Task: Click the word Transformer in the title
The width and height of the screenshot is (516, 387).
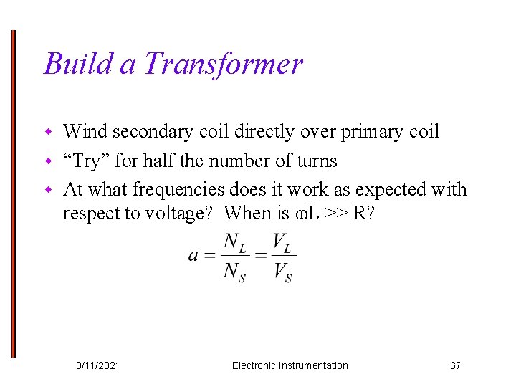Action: tap(223, 64)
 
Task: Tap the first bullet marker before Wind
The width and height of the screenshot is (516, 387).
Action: tap(49, 133)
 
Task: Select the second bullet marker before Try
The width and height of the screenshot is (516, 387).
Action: tap(49, 161)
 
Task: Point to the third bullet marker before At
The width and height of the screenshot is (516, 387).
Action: tap(49, 191)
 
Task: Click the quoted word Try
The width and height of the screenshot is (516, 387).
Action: tap(86, 161)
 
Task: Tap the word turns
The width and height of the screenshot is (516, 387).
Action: tap(315, 161)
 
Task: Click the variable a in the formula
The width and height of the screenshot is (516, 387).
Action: tap(193, 256)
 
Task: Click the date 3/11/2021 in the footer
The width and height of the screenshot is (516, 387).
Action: tap(98, 365)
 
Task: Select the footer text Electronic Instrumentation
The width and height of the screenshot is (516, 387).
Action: tap(290, 365)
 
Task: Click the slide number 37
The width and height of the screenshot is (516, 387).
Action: tap(455, 365)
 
